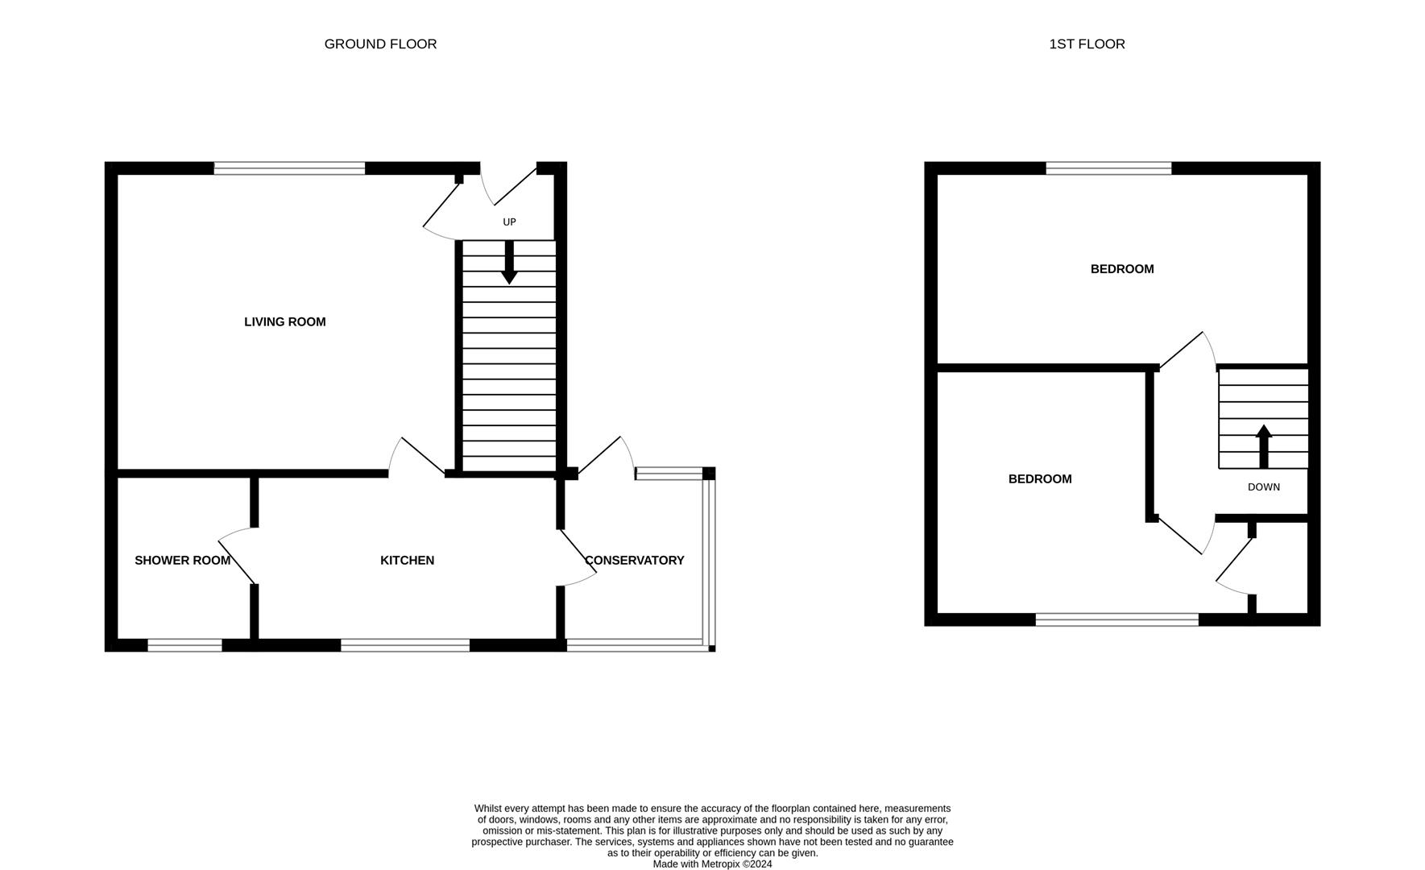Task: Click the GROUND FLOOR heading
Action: [x=380, y=44]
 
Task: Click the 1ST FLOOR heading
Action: [x=1087, y=44]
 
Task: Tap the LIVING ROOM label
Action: [x=285, y=322]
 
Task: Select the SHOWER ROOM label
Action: [x=182, y=561]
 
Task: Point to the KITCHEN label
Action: [x=407, y=561]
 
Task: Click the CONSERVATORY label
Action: [x=634, y=561]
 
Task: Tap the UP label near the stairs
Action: [x=509, y=222]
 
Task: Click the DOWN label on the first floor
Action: [x=1263, y=487]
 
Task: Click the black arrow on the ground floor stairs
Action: [x=509, y=266]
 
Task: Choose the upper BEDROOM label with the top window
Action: [x=1122, y=269]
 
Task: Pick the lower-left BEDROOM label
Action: [x=1040, y=479]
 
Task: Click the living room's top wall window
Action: [x=289, y=168]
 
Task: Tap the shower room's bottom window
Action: [x=184, y=645]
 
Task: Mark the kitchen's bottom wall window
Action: [x=405, y=645]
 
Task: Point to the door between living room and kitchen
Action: [x=417, y=458]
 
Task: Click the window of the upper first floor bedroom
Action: [x=1108, y=168]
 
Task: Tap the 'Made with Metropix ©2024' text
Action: [x=712, y=864]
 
